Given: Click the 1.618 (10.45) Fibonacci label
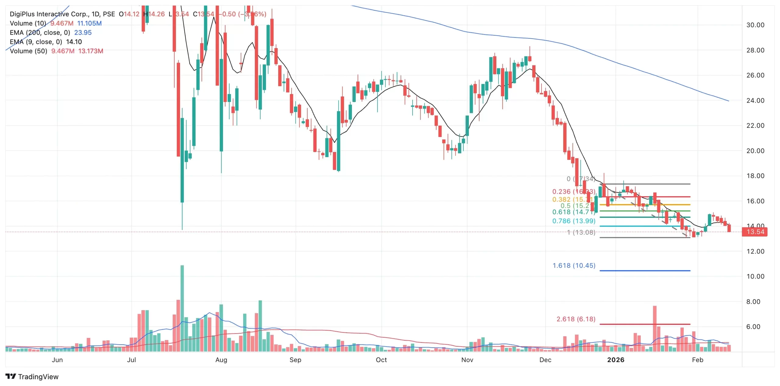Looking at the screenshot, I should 574,265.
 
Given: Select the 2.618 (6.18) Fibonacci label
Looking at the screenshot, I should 576,319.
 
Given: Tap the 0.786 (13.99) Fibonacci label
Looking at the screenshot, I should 574,221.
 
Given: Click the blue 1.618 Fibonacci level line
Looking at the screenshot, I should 645,270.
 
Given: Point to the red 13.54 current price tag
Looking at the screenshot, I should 755,232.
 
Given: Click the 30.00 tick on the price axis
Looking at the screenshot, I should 755,25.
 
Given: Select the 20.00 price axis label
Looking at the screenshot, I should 755,151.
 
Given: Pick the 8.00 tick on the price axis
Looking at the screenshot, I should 755,302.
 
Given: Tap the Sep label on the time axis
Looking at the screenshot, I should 295,360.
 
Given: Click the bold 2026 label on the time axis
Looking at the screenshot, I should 615,360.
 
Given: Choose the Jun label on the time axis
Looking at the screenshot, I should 57,360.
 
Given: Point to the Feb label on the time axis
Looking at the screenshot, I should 697,360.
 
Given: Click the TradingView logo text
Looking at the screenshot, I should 38,377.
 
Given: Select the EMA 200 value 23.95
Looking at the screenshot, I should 83,33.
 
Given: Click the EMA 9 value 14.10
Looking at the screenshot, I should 74,42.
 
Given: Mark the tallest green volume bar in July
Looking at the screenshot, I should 182,307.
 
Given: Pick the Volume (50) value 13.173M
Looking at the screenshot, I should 90,51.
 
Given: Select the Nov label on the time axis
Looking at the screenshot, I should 467,360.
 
